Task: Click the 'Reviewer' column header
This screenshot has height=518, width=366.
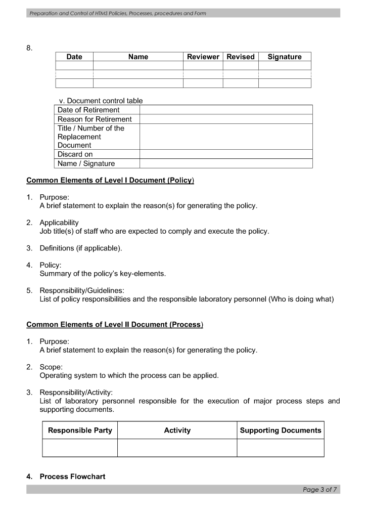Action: click(x=203, y=57)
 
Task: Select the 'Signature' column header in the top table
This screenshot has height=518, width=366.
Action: click(x=285, y=57)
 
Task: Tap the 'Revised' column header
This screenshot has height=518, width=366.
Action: click(x=241, y=57)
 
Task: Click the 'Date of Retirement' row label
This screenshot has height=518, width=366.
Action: click(x=88, y=110)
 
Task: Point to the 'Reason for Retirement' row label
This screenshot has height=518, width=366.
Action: click(x=95, y=119)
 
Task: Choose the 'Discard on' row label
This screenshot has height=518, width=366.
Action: click(x=75, y=154)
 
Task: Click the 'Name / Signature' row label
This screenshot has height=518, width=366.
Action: click(x=86, y=163)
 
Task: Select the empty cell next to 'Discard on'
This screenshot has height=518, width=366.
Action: click(x=226, y=154)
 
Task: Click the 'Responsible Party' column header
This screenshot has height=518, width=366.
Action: click(x=80, y=430)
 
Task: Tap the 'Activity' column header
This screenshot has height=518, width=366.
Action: click(x=177, y=430)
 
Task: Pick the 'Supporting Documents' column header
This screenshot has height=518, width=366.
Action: click(x=281, y=430)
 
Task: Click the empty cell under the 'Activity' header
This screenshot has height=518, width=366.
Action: click(x=177, y=448)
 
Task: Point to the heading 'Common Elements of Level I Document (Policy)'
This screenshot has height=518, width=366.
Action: click(x=110, y=181)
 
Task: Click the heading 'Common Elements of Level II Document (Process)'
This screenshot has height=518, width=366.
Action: click(x=115, y=324)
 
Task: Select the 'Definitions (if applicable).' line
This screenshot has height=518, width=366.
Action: click(x=81, y=248)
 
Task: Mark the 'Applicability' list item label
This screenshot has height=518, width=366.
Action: click(x=59, y=223)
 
